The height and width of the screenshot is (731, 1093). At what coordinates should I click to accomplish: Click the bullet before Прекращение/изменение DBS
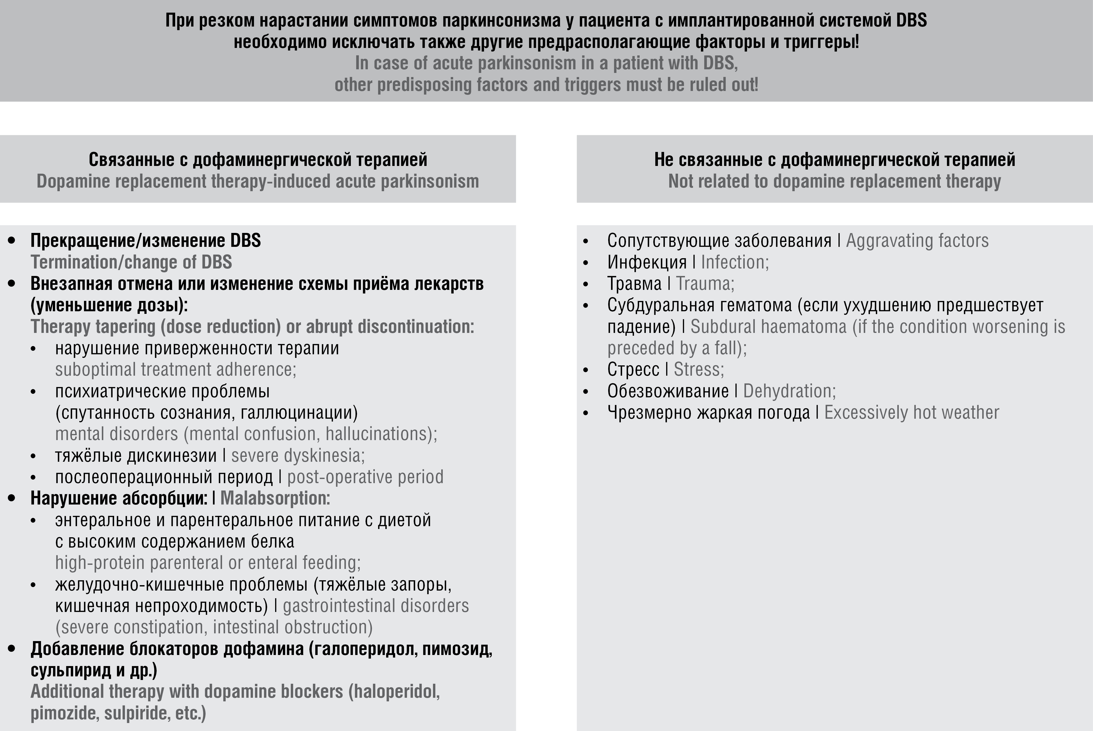(12, 241)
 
